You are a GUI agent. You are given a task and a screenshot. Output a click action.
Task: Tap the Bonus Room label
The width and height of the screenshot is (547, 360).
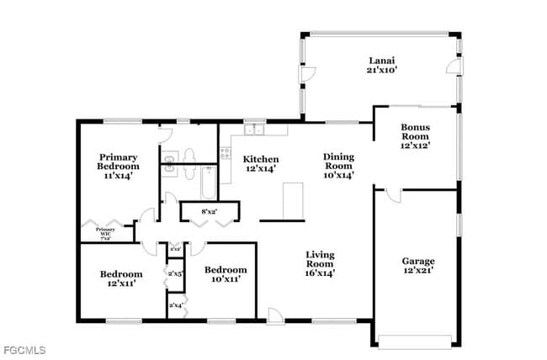[x=415, y=135]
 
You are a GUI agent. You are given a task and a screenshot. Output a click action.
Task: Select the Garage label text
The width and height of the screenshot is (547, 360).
[x=417, y=266]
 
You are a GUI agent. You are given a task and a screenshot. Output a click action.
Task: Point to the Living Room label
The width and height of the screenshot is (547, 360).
[x=319, y=262]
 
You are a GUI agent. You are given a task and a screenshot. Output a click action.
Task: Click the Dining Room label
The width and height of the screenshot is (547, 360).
[x=339, y=166]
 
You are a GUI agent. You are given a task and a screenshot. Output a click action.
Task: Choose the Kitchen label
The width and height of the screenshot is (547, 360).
[x=261, y=164]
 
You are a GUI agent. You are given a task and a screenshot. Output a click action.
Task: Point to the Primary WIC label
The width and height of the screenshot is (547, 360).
[x=105, y=234]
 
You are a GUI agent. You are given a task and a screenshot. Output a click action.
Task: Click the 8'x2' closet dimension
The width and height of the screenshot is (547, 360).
[x=210, y=212]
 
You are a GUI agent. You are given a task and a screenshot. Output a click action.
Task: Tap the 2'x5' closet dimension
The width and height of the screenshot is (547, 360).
[x=176, y=274]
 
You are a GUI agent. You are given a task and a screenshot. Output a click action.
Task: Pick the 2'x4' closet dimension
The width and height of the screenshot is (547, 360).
[x=176, y=305]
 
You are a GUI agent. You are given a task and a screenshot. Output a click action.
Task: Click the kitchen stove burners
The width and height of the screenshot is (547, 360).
[x=225, y=153]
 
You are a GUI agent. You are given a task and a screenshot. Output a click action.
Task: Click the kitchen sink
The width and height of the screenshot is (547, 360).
[x=254, y=130]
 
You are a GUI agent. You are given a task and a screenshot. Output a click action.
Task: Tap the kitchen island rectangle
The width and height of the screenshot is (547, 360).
[x=293, y=201]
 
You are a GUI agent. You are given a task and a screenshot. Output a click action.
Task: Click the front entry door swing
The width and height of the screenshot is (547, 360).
[x=275, y=315]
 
